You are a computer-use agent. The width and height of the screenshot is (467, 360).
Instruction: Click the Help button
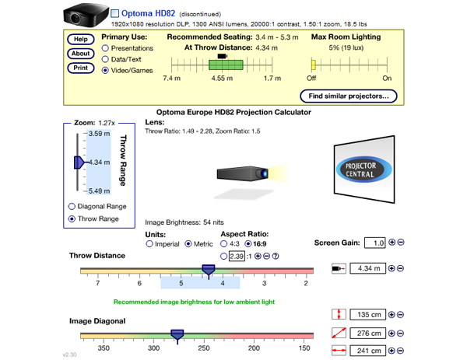[80, 40]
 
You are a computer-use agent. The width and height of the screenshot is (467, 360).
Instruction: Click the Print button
[80, 68]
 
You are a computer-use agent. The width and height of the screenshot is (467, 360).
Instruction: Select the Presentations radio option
[105, 48]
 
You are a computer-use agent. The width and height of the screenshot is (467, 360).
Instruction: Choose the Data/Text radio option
[105, 59]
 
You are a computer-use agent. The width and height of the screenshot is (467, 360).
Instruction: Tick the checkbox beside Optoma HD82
[115, 14]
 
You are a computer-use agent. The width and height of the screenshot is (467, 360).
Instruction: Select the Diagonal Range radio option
[72, 206]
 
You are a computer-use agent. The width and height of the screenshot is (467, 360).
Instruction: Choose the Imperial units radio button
[149, 244]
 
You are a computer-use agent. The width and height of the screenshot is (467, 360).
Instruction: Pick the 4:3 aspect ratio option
[226, 244]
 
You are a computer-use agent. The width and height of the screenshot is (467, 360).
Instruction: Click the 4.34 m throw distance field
[366, 269]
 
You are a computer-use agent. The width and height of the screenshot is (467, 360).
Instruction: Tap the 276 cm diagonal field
[366, 334]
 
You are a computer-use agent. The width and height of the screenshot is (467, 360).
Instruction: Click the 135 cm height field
[366, 315]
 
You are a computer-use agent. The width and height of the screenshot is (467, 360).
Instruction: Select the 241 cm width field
[366, 351]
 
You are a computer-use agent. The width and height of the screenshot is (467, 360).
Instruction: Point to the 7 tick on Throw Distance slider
[98, 284]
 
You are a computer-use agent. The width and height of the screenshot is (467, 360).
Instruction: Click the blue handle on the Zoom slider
[79, 162]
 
